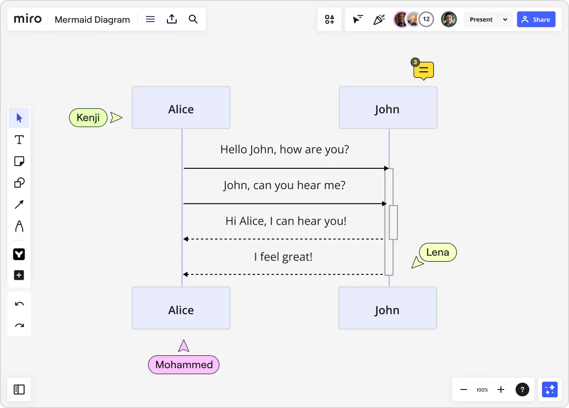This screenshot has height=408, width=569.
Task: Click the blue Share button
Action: point(536,19)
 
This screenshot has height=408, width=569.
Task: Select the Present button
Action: point(481,19)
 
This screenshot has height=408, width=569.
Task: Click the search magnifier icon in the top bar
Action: point(193,19)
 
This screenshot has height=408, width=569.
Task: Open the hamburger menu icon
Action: point(150,19)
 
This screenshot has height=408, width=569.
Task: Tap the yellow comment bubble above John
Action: point(423,70)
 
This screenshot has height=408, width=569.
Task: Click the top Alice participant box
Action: point(181,108)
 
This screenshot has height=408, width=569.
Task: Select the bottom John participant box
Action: point(388,308)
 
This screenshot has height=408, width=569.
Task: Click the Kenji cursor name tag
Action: point(88,117)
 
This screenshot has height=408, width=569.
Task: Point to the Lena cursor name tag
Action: point(438,253)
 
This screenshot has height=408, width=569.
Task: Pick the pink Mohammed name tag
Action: point(184,365)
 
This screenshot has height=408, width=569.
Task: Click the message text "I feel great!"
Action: point(283,257)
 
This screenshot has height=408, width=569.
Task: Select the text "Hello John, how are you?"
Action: point(284,149)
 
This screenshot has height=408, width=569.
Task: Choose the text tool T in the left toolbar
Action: point(19,140)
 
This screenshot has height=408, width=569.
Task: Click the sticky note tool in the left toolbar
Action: point(19,161)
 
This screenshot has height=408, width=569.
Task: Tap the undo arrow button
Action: point(19,304)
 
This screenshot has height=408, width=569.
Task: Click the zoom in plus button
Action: point(501,389)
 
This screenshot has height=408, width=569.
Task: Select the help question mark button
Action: point(522,389)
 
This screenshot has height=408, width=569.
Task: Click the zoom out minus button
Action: point(464,389)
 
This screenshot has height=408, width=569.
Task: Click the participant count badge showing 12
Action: point(426,19)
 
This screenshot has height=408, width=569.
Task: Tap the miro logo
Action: point(28,19)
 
